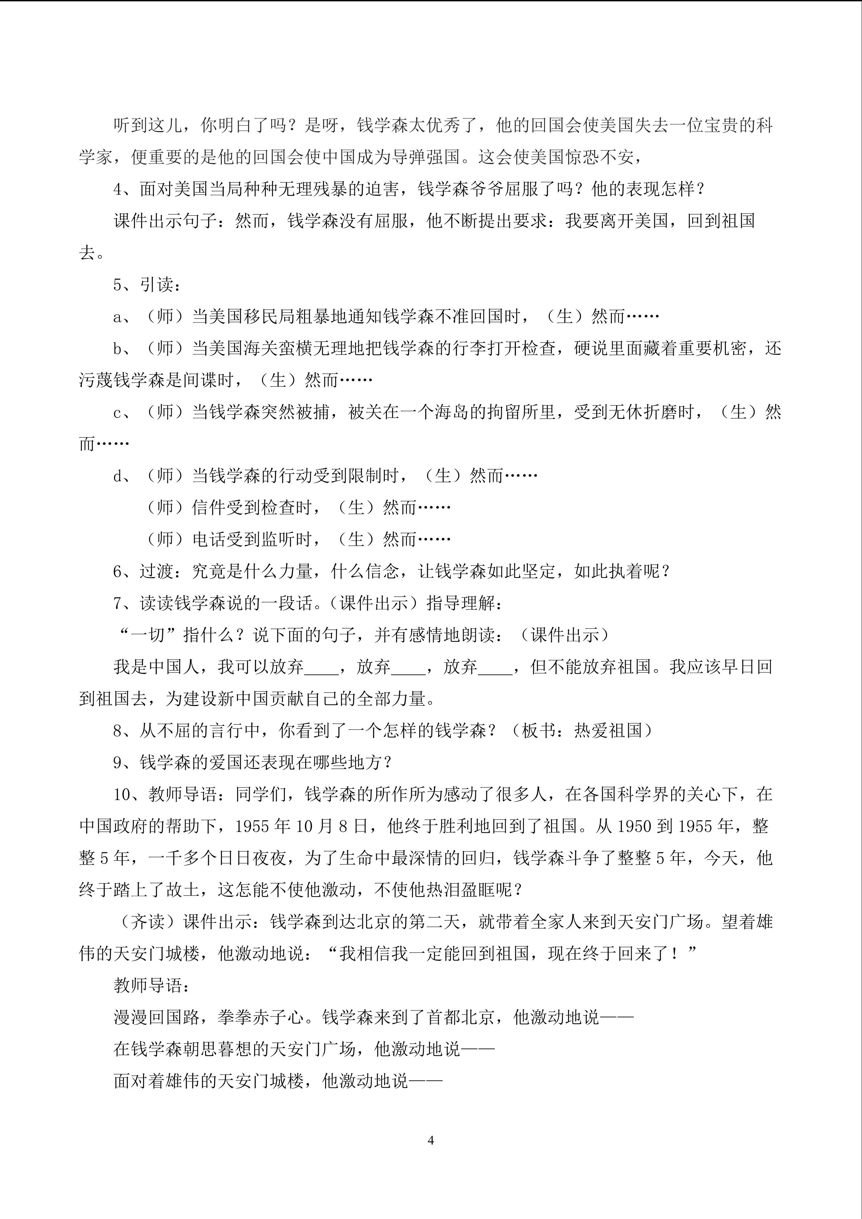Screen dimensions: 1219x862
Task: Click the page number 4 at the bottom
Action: (430, 1140)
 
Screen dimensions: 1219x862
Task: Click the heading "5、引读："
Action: (148, 285)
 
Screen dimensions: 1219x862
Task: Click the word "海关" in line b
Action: (261, 349)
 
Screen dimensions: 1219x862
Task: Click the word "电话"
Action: (209, 540)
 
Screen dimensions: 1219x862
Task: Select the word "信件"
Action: (209, 508)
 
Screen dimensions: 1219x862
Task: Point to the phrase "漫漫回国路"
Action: (157, 1018)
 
